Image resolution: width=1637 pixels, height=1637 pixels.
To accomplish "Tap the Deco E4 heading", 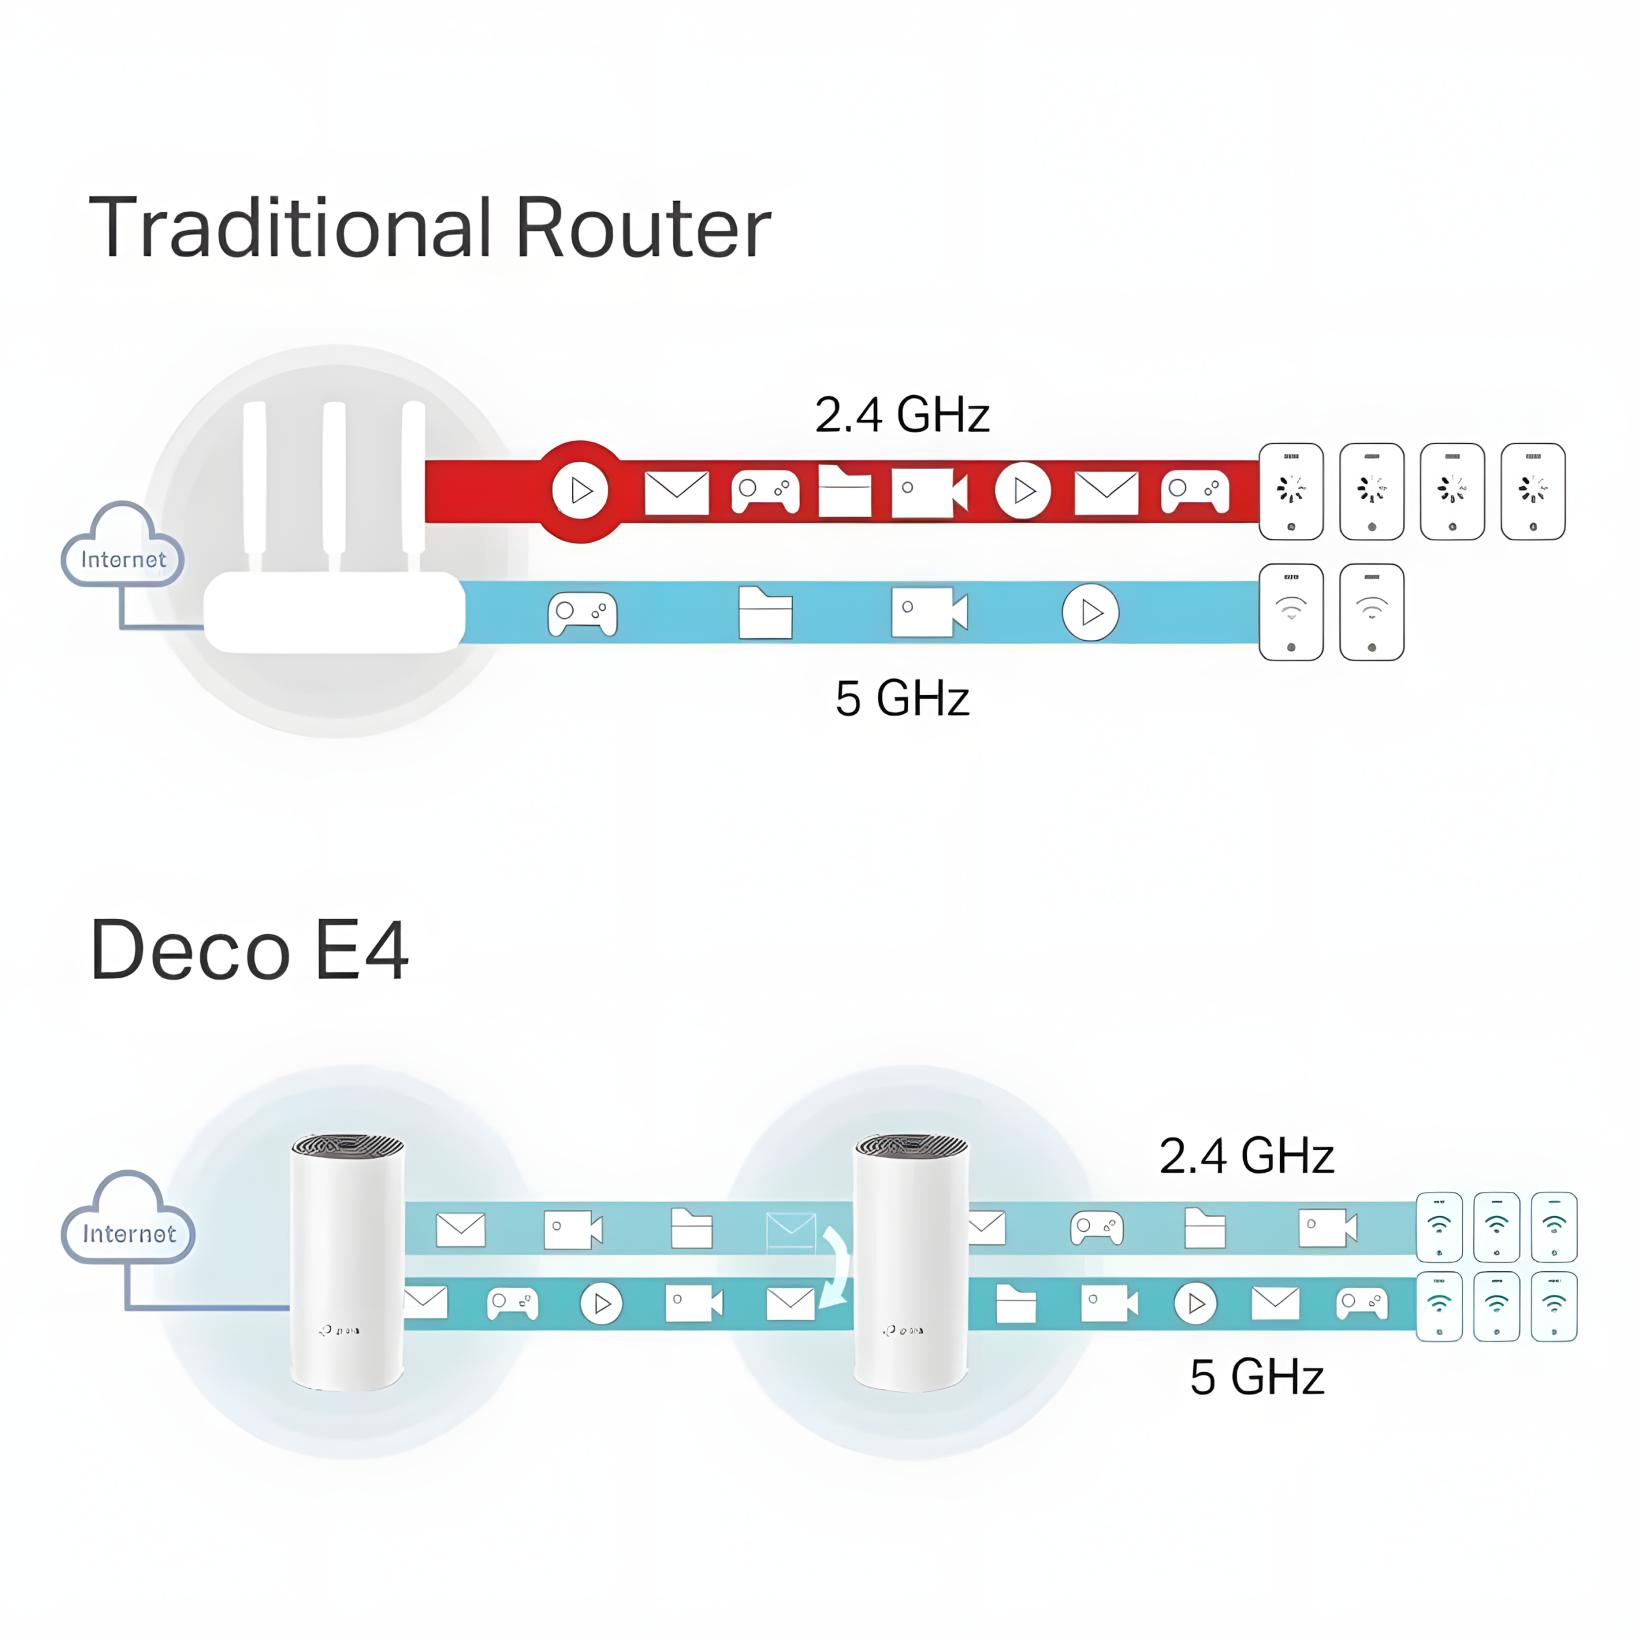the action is click(x=249, y=950).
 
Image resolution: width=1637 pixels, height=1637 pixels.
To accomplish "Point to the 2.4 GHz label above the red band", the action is click(x=902, y=414).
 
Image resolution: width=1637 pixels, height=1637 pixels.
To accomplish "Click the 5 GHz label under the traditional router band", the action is click(x=902, y=698).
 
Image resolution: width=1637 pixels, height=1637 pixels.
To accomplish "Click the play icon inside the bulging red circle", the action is click(x=581, y=490).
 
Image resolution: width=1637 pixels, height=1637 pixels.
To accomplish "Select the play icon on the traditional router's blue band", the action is click(x=1090, y=612).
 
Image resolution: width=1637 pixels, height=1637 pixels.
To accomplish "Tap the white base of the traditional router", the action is click(x=334, y=612).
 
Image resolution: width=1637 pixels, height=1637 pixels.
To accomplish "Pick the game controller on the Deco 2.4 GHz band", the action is click(x=1097, y=1228).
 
